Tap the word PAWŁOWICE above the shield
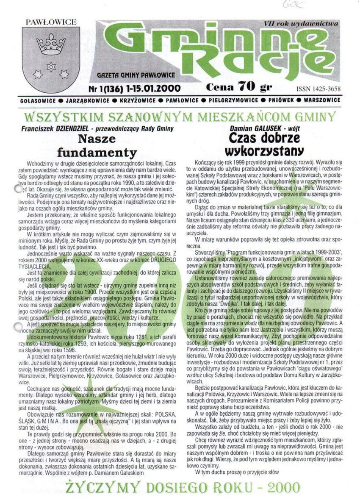[x=51, y=22]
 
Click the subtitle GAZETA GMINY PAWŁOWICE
[x=136, y=75]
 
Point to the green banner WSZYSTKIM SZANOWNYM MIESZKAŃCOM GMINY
[x=180, y=117]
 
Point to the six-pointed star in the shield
[x=51, y=66]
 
